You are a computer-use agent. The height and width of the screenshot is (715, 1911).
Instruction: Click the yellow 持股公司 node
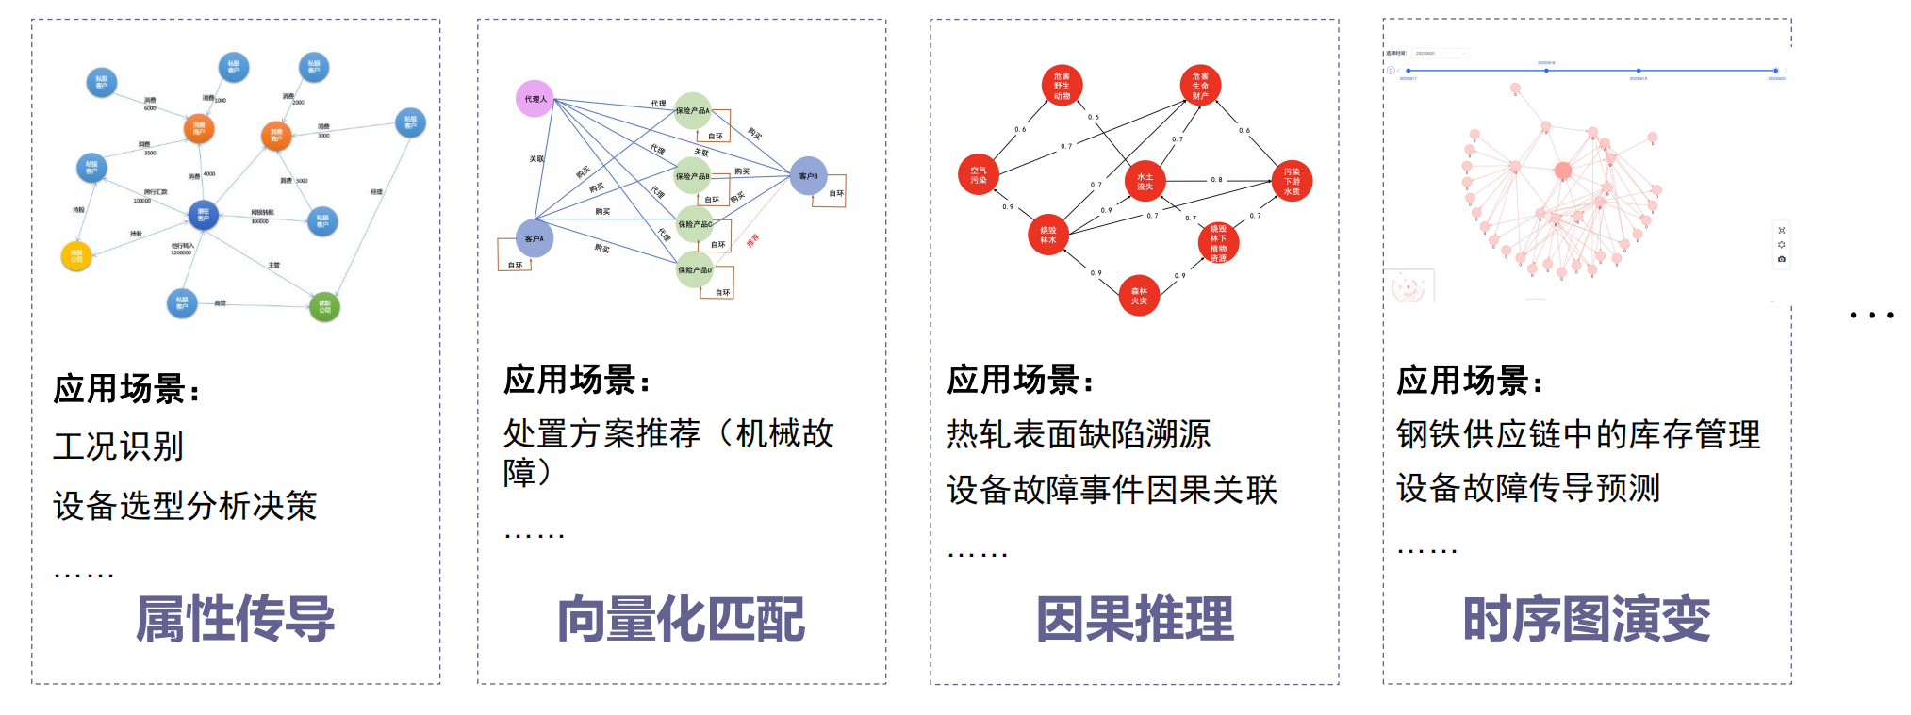(x=76, y=255)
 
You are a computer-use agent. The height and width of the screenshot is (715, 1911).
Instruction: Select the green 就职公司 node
(x=324, y=306)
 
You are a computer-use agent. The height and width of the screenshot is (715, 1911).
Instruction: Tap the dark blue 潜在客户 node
(x=203, y=215)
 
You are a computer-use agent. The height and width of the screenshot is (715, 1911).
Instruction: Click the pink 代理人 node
(x=535, y=98)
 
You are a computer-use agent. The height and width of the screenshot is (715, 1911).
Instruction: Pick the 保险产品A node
(x=693, y=110)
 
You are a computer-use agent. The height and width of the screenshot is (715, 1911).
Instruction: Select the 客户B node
(x=808, y=176)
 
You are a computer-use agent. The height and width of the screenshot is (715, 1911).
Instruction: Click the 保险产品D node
(x=695, y=269)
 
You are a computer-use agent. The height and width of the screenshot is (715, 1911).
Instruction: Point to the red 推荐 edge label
(x=752, y=240)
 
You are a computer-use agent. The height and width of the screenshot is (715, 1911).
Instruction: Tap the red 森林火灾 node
(x=1139, y=296)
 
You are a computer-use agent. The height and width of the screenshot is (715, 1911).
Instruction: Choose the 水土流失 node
(x=1145, y=181)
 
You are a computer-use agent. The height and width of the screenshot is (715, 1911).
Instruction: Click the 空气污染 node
(x=979, y=175)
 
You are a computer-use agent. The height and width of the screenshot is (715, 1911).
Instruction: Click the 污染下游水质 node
(x=1292, y=181)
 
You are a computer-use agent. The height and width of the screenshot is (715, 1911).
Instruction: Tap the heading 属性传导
(x=235, y=619)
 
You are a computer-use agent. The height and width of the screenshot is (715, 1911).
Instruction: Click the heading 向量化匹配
(x=681, y=619)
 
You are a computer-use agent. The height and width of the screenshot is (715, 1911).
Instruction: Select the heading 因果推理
(x=1134, y=619)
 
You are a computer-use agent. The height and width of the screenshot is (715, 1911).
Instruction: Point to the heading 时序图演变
(x=1587, y=619)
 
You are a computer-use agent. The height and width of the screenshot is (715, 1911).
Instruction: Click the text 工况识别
(x=119, y=447)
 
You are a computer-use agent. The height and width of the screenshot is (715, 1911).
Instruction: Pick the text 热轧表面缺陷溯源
(x=1079, y=434)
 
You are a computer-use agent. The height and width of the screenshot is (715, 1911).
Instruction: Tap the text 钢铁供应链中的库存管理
(x=1578, y=434)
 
